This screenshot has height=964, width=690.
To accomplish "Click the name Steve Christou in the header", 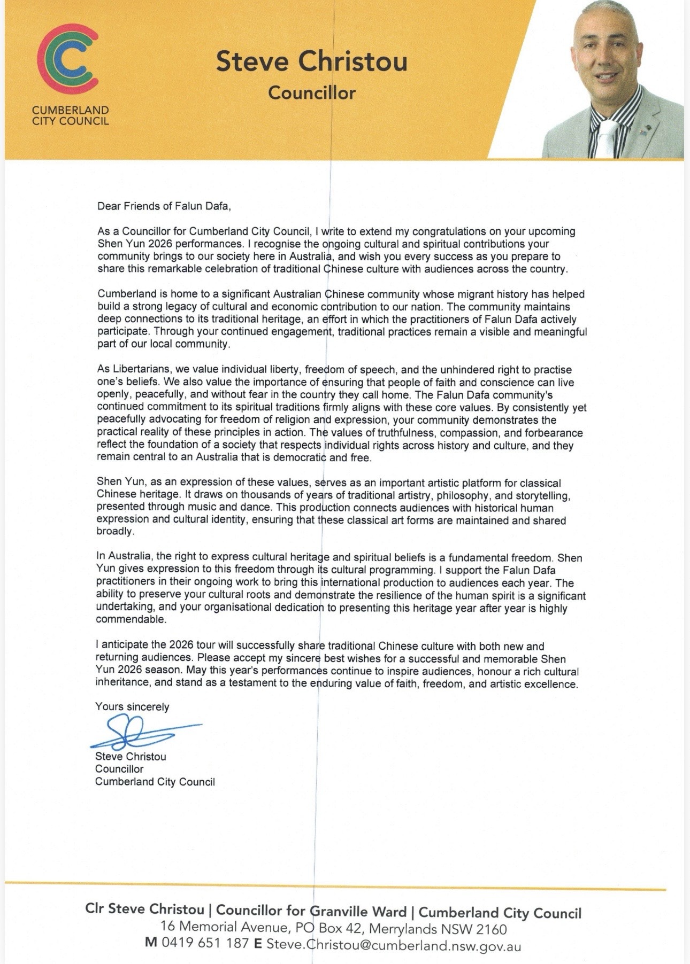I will (311, 61).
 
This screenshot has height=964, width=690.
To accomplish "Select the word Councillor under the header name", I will (312, 93).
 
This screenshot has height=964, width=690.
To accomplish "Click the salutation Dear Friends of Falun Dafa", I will (164, 206).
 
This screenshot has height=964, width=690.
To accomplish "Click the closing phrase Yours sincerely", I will (132, 706).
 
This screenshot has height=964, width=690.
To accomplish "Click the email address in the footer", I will (393, 944).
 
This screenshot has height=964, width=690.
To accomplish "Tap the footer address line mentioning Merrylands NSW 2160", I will (333, 928).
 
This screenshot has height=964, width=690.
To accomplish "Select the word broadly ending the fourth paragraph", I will (114, 532).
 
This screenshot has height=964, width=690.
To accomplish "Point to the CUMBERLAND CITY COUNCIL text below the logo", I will (70, 115).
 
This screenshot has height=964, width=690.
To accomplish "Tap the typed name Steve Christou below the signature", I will (131, 757).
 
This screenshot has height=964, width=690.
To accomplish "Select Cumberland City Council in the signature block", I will (155, 782).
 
